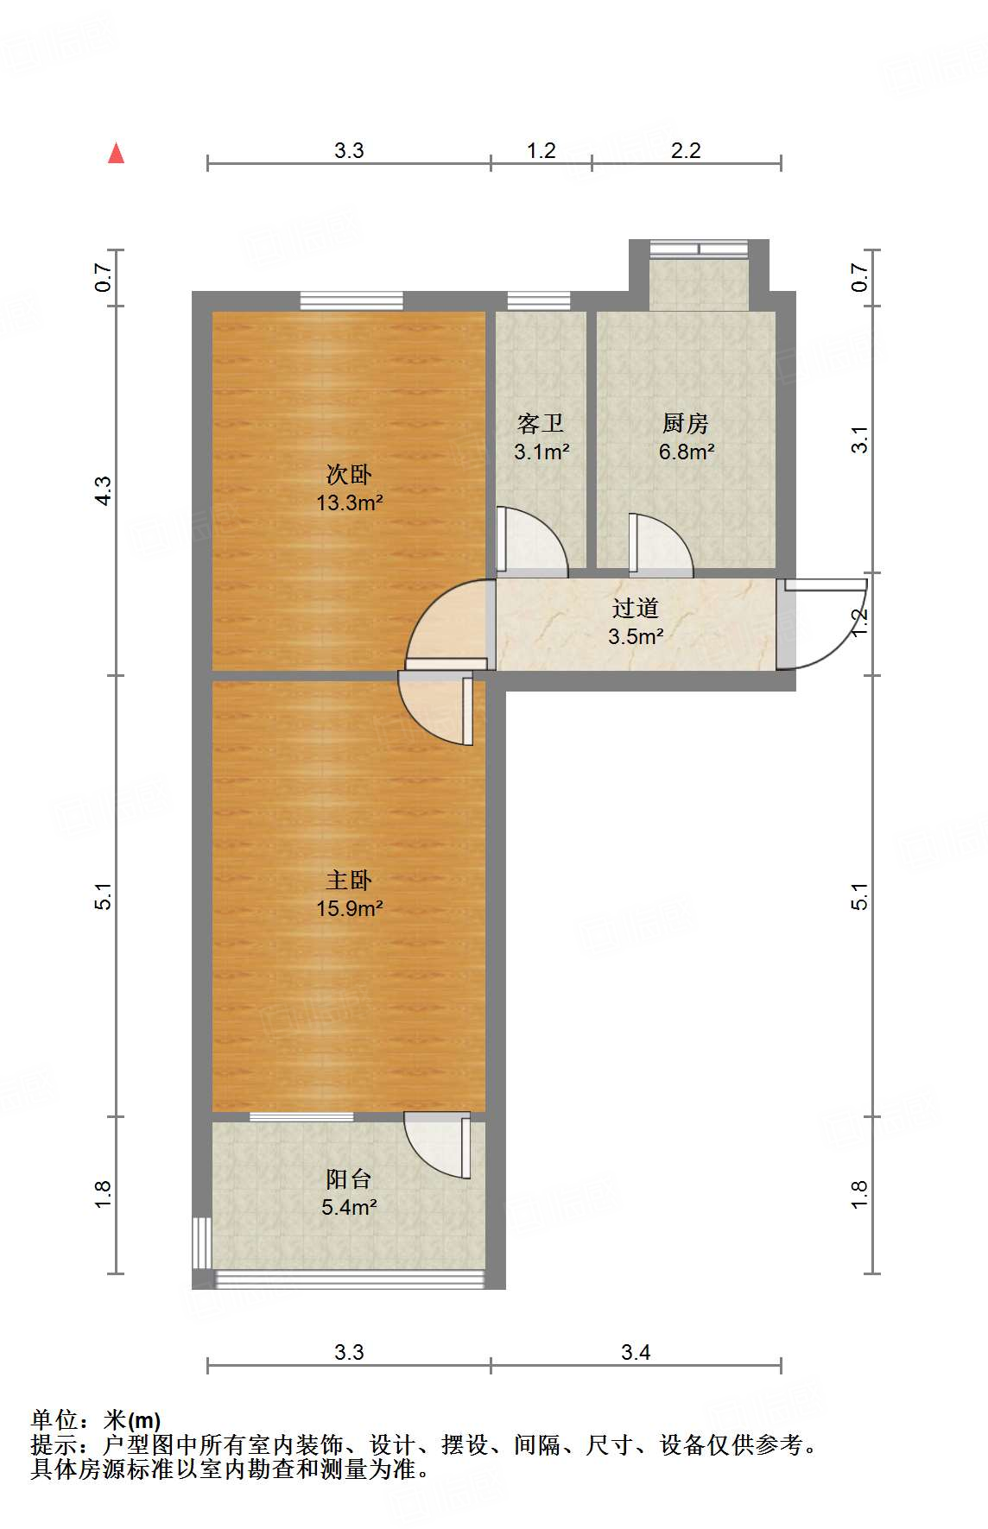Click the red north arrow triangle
tap(116, 154)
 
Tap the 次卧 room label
tap(349, 474)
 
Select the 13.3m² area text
tap(349, 502)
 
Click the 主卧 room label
tap(349, 880)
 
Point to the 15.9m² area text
tap(349, 908)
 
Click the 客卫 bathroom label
tap(541, 423)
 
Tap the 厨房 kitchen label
tap(686, 423)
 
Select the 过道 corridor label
tap(636, 608)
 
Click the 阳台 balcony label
tap(349, 1178)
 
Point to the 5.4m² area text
tap(349, 1207)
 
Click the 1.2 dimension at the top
tap(541, 151)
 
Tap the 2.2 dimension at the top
tap(686, 151)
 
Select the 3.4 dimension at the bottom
tap(636, 1352)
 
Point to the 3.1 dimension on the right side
tap(858, 439)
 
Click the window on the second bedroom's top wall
tap(351, 300)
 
